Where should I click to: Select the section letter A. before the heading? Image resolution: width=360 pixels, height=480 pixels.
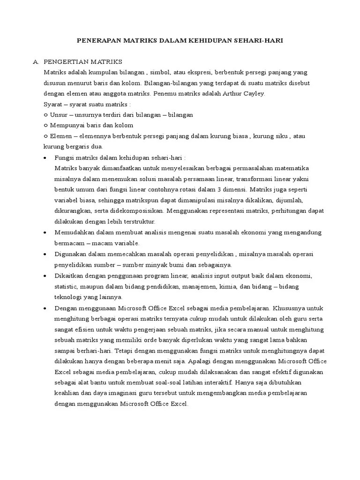pyautogui.click(x=35, y=62)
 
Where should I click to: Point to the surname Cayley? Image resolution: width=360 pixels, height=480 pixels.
pyautogui.click(x=255, y=93)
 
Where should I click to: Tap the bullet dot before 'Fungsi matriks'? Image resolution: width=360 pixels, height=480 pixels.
pyautogui.click(x=45, y=158)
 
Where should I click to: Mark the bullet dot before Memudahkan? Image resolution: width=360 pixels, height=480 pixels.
pyautogui.click(x=45, y=232)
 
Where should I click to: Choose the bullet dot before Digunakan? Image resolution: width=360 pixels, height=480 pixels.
pyautogui.click(x=45, y=254)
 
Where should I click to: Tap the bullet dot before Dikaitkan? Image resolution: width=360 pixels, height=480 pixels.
pyautogui.click(x=45, y=276)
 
